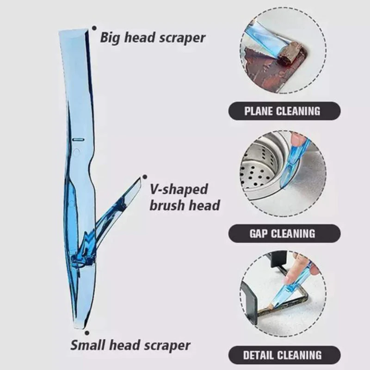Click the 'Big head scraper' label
point(153,38)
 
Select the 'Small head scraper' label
point(130,345)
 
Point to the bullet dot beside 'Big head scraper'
point(95,28)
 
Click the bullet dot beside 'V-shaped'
point(145,176)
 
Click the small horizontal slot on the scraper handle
point(79,138)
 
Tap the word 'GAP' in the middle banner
point(260,233)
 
